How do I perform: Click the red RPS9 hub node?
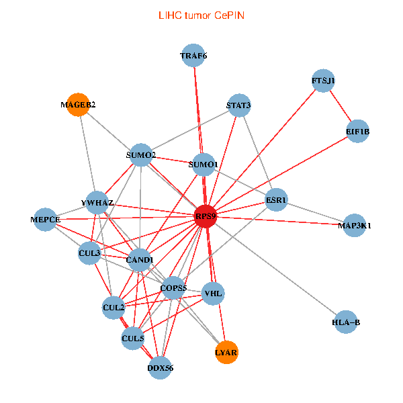tap(205, 216)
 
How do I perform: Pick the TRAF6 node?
tap(194, 56)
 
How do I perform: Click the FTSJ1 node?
tap(323, 81)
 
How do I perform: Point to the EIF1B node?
tap(358, 132)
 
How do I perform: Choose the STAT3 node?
tap(238, 105)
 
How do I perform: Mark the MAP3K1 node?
tap(356, 225)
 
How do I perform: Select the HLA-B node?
tap(346, 322)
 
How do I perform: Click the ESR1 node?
tap(276, 200)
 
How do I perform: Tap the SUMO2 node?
tap(141, 155)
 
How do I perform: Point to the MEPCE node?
tap(46, 220)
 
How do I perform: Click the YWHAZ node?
tap(97, 203)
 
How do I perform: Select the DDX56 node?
tap(160, 367)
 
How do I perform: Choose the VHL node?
tap(213, 293)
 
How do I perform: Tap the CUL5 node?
tap(133, 339)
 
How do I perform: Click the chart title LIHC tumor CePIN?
tap(201, 14)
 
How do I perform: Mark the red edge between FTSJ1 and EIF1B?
tap(341, 106)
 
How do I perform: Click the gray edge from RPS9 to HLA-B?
tap(275, 269)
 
